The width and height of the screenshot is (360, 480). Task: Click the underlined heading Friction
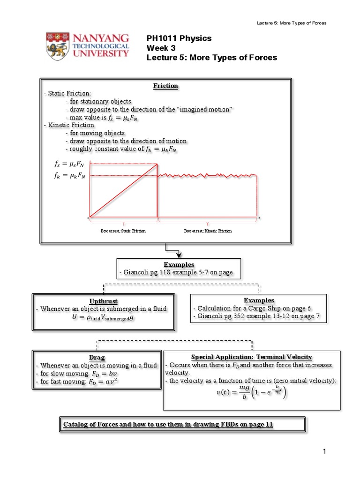[x=165, y=86]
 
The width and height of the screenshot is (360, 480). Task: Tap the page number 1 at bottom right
[x=324, y=451]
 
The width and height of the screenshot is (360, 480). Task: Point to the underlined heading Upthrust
[x=103, y=300]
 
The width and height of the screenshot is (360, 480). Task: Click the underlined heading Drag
[x=103, y=358]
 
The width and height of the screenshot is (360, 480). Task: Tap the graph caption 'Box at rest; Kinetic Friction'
[x=208, y=231]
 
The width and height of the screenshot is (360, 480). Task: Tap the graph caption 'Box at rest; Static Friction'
[x=123, y=231]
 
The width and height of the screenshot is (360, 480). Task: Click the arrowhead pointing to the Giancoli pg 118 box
[x=179, y=254]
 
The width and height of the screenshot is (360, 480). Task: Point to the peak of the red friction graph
[x=157, y=164]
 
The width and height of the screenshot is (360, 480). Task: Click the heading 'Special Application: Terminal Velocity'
[x=252, y=357]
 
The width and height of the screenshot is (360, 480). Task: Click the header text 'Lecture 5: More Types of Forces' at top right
[x=292, y=23]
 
